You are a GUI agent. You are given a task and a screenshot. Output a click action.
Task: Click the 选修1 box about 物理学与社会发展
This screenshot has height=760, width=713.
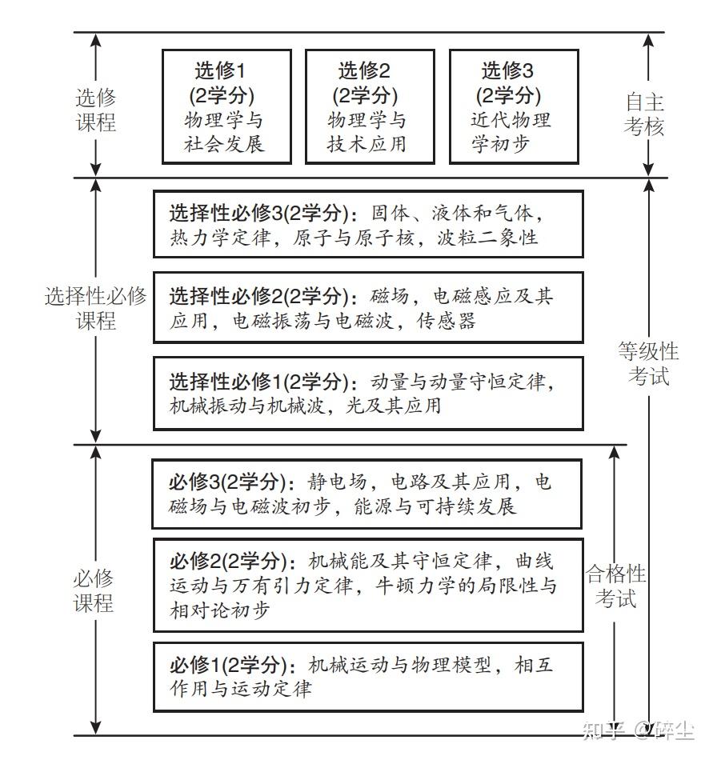click(x=226, y=106)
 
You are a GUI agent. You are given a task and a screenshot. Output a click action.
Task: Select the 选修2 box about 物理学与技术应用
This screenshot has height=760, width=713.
click(x=370, y=106)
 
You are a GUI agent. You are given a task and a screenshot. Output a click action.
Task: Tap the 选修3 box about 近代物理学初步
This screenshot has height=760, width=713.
click(x=513, y=106)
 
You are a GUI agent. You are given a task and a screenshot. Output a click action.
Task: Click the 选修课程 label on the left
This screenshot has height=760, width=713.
click(x=96, y=110)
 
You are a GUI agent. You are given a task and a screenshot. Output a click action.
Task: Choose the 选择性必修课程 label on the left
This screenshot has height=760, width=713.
click(x=96, y=308)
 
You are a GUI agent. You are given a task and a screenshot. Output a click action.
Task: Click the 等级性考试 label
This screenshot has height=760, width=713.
click(x=648, y=363)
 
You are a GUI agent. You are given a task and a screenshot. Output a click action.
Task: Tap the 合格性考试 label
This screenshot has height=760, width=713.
click(x=615, y=586)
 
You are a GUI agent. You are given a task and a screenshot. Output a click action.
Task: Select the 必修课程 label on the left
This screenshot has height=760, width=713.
click(x=94, y=590)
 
